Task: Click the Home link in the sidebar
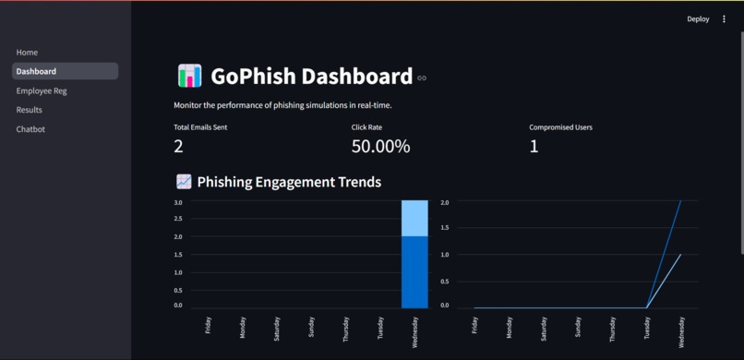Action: [27, 53]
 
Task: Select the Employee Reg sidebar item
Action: [42, 91]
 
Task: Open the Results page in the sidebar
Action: [30, 110]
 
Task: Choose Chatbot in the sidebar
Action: [30, 129]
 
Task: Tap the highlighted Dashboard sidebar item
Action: [36, 71]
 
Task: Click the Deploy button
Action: [698, 19]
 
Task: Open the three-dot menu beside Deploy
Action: [724, 19]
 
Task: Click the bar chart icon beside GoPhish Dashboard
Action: [189, 76]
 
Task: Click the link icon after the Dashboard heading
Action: [422, 78]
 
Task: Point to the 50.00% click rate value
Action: [380, 146]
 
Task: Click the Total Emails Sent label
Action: [200, 127]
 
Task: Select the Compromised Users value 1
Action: [534, 146]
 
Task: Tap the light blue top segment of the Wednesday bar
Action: [414, 218]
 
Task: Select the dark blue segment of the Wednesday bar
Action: [414, 271]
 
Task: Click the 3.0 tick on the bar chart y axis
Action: [177, 202]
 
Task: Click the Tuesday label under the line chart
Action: [647, 329]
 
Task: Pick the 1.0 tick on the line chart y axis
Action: [445, 254]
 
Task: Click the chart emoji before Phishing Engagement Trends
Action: [184, 182]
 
